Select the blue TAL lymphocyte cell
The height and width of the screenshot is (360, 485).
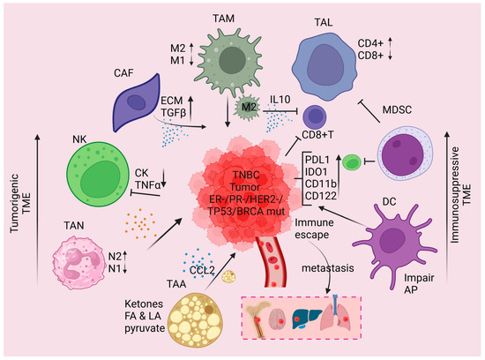316,58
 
